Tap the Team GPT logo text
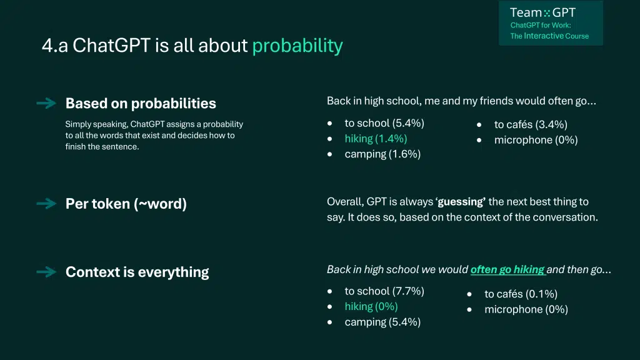click(x=542, y=12)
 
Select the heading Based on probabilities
click(x=141, y=103)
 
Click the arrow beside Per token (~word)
click(x=46, y=203)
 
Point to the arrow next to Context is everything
click(x=46, y=272)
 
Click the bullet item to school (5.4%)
click(x=384, y=123)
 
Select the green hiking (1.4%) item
click(x=376, y=139)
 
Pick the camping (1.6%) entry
click(x=382, y=154)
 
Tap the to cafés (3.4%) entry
click(x=531, y=124)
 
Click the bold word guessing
click(x=461, y=202)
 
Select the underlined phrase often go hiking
click(x=507, y=269)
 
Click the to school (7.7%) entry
click(x=384, y=291)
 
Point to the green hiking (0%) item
click(x=371, y=306)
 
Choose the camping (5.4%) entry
click(x=382, y=322)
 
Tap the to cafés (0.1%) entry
click(x=521, y=294)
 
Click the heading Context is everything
click(x=137, y=272)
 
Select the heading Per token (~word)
click(x=126, y=204)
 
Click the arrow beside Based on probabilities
click(x=46, y=103)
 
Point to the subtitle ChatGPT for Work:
click(x=541, y=25)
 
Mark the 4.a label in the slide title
click(x=55, y=45)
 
